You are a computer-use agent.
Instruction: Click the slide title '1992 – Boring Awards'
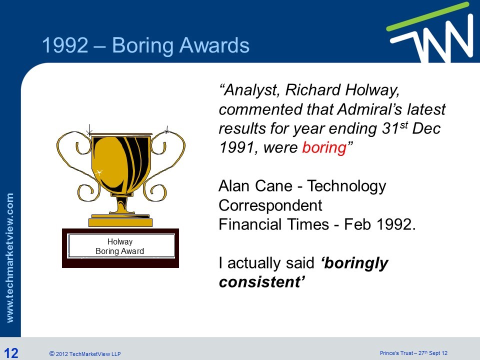(x=145, y=46)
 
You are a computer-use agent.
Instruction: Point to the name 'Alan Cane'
(x=256, y=186)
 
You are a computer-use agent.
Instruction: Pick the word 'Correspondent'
(x=270, y=205)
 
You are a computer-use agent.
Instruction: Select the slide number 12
(x=10, y=353)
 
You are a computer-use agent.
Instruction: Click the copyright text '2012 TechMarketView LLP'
(x=88, y=354)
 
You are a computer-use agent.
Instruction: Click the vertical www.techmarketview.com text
(x=11, y=257)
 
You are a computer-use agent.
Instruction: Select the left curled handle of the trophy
(x=75, y=160)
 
